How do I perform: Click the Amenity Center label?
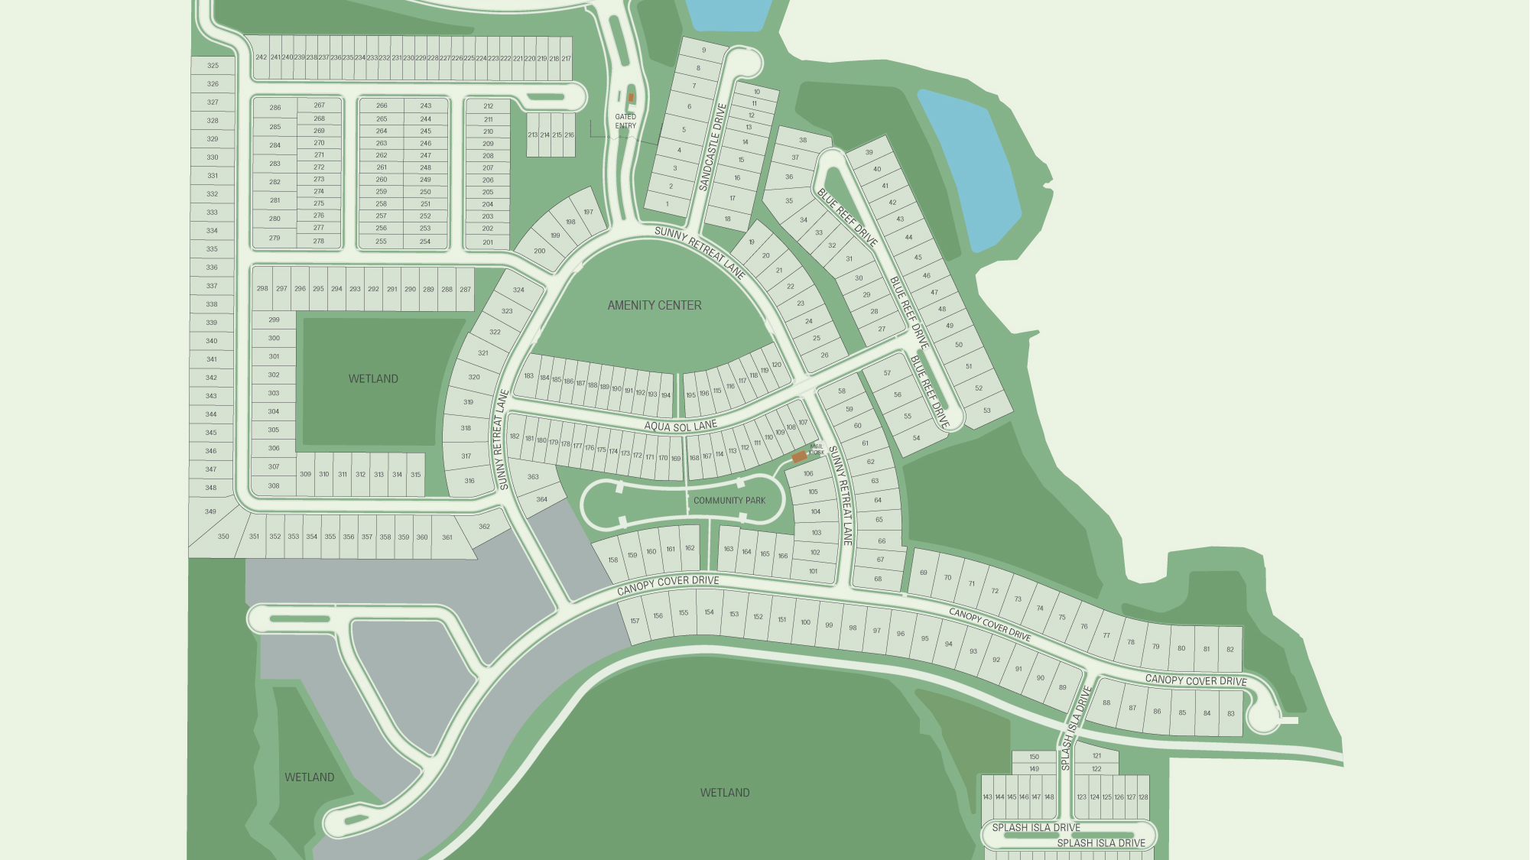(654, 305)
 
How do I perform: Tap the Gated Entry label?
(625, 121)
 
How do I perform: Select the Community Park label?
(729, 501)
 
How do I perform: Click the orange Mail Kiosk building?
(798, 456)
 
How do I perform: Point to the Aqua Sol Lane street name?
(680, 426)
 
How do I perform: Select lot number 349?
(210, 511)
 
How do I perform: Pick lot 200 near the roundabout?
(539, 251)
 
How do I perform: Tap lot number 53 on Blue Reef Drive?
(986, 411)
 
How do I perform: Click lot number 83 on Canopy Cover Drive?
(1230, 714)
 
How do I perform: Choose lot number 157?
(635, 621)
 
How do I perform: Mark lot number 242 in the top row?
(261, 57)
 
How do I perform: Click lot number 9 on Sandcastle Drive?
(703, 50)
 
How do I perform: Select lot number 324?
(518, 290)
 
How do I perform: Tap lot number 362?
(484, 526)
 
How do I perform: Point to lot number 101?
(813, 571)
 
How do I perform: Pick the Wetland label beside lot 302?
(373, 378)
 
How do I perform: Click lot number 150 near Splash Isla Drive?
(1034, 757)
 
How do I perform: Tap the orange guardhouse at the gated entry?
(631, 98)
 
